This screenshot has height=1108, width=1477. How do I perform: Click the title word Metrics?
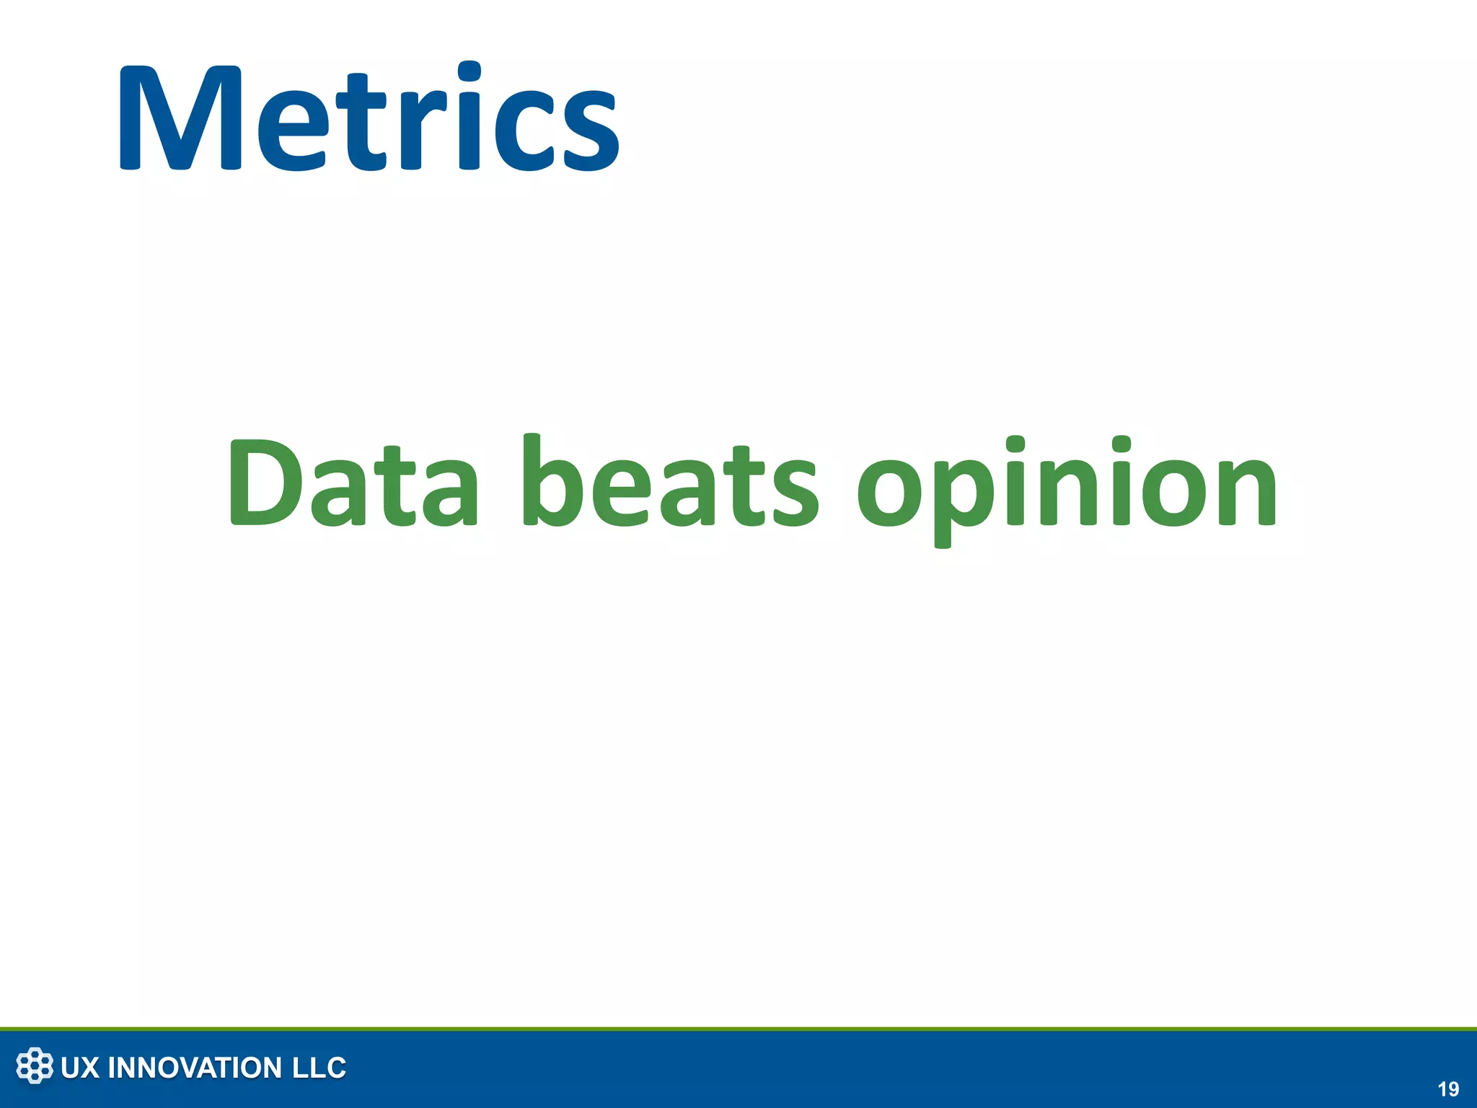[368, 119]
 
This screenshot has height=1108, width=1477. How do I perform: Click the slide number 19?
[1447, 1089]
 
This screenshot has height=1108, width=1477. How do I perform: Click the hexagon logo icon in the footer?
[35, 1066]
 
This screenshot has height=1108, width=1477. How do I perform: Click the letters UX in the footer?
[79, 1068]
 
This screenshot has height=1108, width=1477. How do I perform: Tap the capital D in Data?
[263, 482]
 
